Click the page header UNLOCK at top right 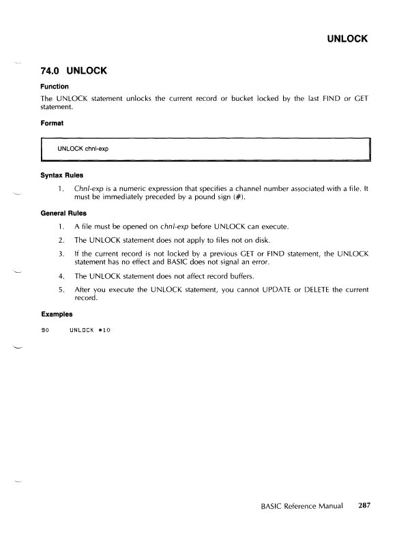tap(346, 38)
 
